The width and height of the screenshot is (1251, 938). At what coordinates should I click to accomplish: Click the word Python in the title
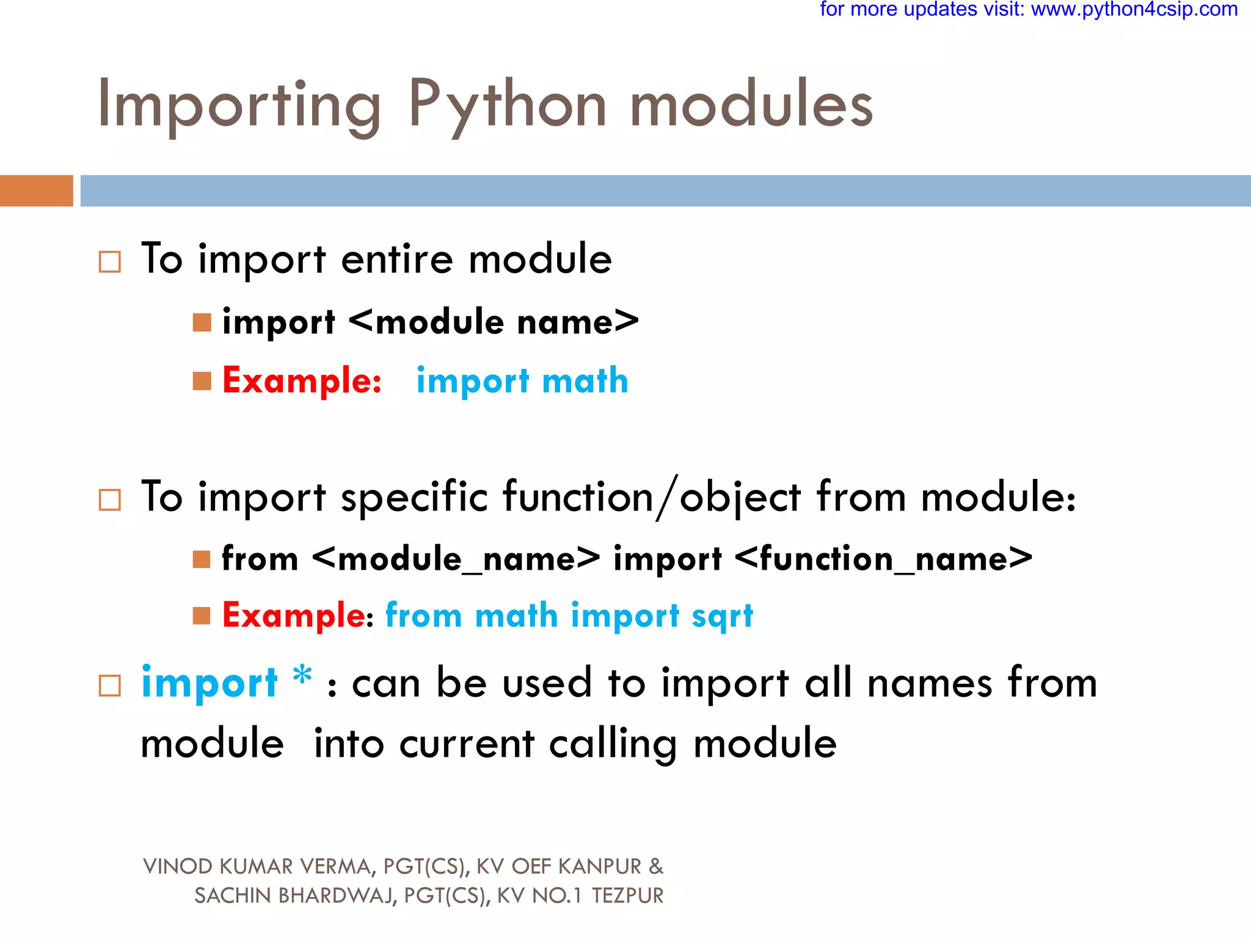click(507, 105)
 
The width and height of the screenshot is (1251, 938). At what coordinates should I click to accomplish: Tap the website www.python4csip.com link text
click(1134, 10)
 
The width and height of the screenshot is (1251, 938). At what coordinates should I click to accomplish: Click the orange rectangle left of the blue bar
click(37, 191)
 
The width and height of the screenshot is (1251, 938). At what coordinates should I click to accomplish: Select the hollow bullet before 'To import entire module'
click(110, 261)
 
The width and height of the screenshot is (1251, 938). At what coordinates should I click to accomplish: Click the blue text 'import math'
click(522, 381)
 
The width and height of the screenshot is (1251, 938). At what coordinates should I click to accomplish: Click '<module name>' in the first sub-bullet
click(494, 322)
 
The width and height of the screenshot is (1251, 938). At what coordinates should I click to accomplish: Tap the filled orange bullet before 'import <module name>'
click(202, 322)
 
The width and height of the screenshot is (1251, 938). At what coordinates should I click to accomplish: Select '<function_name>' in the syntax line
click(883, 558)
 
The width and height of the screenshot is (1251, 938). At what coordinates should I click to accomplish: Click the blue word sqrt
click(722, 616)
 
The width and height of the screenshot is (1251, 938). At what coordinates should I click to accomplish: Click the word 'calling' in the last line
click(613, 744)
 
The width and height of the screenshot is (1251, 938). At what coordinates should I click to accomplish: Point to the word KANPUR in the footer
click(600, 867)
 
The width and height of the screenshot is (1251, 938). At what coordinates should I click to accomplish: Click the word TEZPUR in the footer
click(627, 896)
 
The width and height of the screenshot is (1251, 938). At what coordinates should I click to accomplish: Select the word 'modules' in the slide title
click(751, 105)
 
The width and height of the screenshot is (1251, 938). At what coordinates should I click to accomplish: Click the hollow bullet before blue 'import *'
click(110, 685)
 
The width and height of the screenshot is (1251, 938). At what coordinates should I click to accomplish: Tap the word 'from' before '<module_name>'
click(260, 558)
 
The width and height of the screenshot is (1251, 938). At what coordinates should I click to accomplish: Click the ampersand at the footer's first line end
click(656, 867)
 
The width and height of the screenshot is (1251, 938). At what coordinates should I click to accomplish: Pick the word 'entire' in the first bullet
click(397, 259)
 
